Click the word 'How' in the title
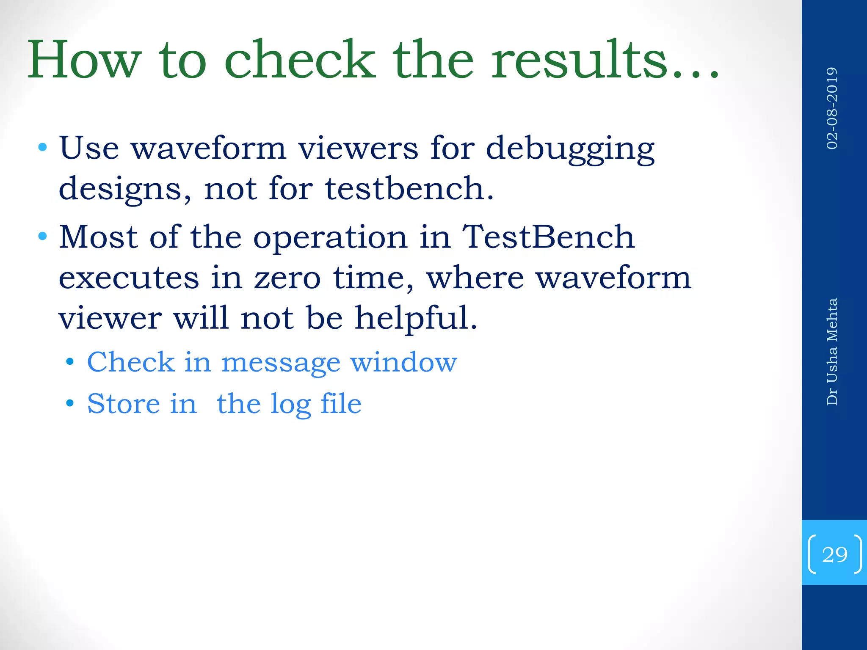click(x=84, y=60)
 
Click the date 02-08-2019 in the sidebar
click(x=832, y=108)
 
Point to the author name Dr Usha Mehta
click(x=832, y=352)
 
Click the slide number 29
click(x=834, y=555)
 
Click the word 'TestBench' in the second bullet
click(x=548, y=237)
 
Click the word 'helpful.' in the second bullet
click(x=416, y=318)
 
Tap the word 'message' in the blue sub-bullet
click(x=281, y=363)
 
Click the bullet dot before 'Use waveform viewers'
click(x=42, y=148)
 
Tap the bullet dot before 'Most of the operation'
click(x=42, y=236)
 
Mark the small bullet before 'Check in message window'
click(x=70, y=363)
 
